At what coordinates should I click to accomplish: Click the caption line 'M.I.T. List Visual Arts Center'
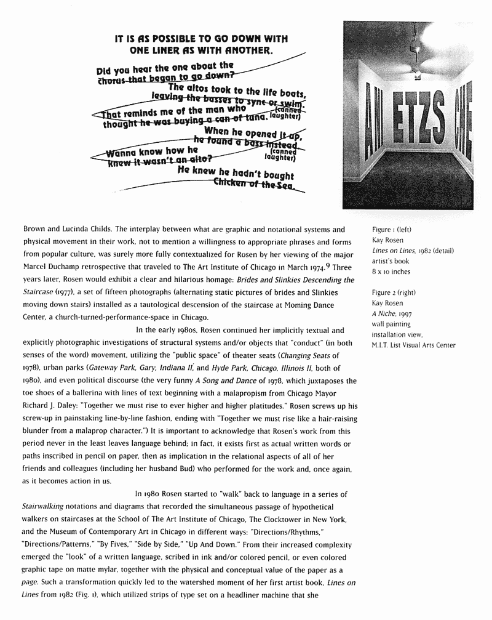413,345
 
